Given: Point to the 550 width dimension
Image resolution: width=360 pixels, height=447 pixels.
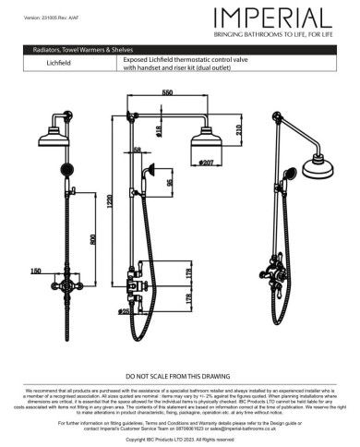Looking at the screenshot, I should [166, 93].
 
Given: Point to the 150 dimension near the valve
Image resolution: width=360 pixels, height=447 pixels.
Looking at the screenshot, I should [35, 271].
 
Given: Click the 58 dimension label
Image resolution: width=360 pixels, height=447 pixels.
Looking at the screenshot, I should [137, 151].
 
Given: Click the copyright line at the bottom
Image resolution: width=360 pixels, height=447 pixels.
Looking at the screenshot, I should [180, 441].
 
